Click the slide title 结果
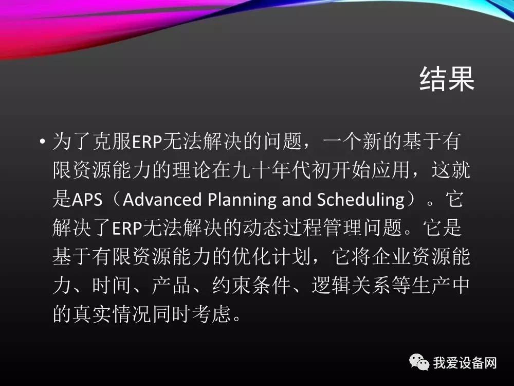coord(447,79)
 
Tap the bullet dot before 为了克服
coord(42,142)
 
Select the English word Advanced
coord(162,199)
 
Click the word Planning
coord(242,200)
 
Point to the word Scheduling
coord(361,200)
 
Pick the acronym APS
coord(87,199)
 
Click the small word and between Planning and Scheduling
coord(297,199)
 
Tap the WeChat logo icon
coord(419,362)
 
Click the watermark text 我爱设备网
coord(465,363)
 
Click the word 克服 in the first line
coord(112,142)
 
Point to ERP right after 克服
coord(147,142)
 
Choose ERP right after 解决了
coord(127,228)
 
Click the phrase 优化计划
coord(272,256)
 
